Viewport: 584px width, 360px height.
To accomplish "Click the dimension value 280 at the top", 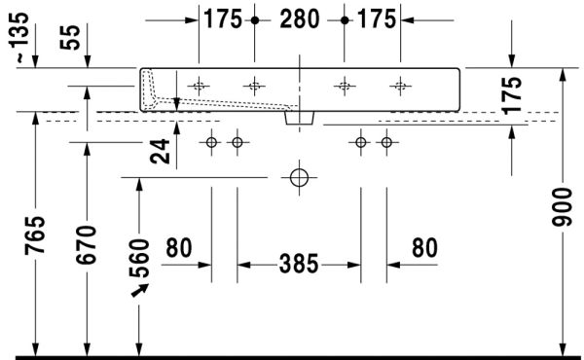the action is pos(300,19).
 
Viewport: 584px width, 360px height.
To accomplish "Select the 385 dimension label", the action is pos(299,264).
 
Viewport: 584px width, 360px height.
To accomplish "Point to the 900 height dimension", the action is pos(562,207).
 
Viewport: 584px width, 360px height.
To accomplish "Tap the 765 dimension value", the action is pos(35,235).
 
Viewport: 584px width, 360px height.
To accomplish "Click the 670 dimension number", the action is pos(87,244).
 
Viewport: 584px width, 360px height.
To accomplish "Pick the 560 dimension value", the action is pos(139,259).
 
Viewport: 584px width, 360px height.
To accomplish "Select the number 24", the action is pos(160,152).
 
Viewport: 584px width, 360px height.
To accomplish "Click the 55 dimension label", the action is pos(70,37).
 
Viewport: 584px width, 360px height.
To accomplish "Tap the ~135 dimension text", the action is pos(18,37).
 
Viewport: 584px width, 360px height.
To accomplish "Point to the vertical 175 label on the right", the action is pos(511,95).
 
